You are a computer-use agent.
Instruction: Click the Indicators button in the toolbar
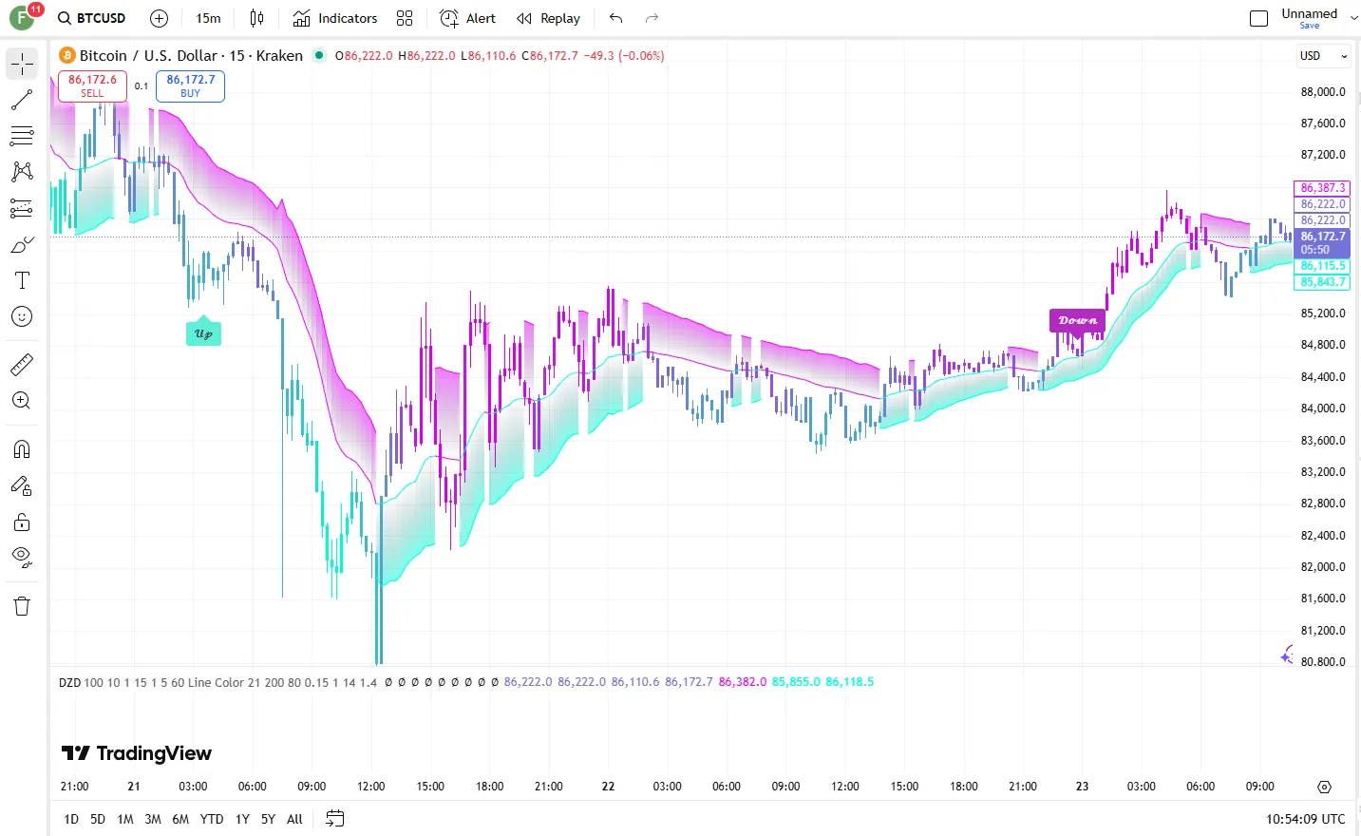point(335,18)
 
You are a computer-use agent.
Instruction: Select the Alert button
point(468,18)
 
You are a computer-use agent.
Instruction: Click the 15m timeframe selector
point(208,18)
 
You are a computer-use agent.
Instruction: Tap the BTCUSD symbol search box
point(92,18)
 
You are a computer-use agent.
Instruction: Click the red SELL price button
point(92,85)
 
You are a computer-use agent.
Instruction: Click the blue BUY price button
point(190,85)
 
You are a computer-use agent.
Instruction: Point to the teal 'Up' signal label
point(203,333)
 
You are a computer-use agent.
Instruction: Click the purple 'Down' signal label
point(1077,321)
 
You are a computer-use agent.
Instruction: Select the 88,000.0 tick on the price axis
point(1323,92)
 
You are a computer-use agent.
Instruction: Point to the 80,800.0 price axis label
point(1323,662)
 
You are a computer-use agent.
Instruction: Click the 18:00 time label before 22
point(489,787)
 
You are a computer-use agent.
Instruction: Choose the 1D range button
point(71,819)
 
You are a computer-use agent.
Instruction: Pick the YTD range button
point(212,819)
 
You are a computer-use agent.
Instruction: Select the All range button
point(294,819)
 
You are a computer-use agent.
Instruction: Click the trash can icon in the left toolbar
point(22,606)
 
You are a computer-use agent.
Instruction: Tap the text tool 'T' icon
point(22,280)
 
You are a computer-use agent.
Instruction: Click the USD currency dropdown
point(1323,56)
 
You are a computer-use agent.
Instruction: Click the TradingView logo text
point(137,753)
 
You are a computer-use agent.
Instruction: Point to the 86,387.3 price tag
point(1322,188)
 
